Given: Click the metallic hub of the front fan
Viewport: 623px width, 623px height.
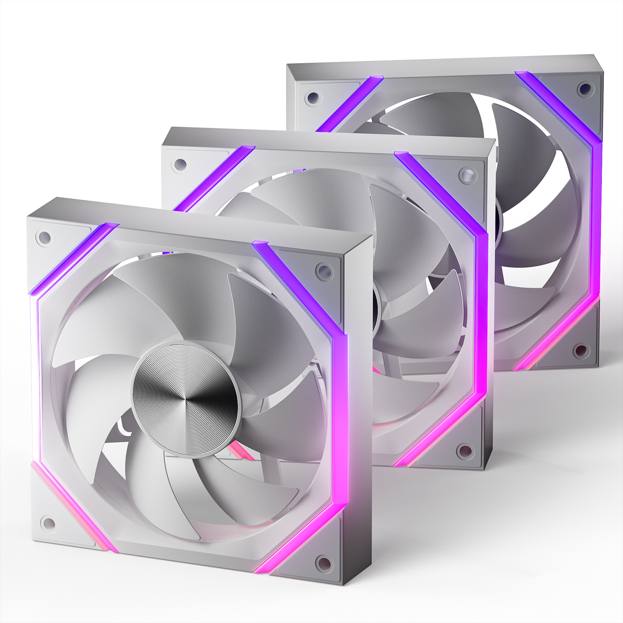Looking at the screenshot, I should tap(185, 400).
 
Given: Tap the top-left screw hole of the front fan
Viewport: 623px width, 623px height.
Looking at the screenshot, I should tap(45, 237).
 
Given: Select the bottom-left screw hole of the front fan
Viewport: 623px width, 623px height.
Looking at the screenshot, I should tap(49, 523).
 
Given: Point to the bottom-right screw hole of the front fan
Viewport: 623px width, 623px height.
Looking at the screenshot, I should tap(324, 562).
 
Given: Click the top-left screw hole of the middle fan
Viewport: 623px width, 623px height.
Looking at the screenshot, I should tap(180, 164).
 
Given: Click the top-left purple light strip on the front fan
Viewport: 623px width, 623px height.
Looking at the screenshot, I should tap(74, 259).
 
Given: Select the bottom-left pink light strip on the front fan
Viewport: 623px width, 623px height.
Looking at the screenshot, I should tap(74, 506).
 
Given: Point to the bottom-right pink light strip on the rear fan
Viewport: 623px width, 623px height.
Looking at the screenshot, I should tap(557, 335).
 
